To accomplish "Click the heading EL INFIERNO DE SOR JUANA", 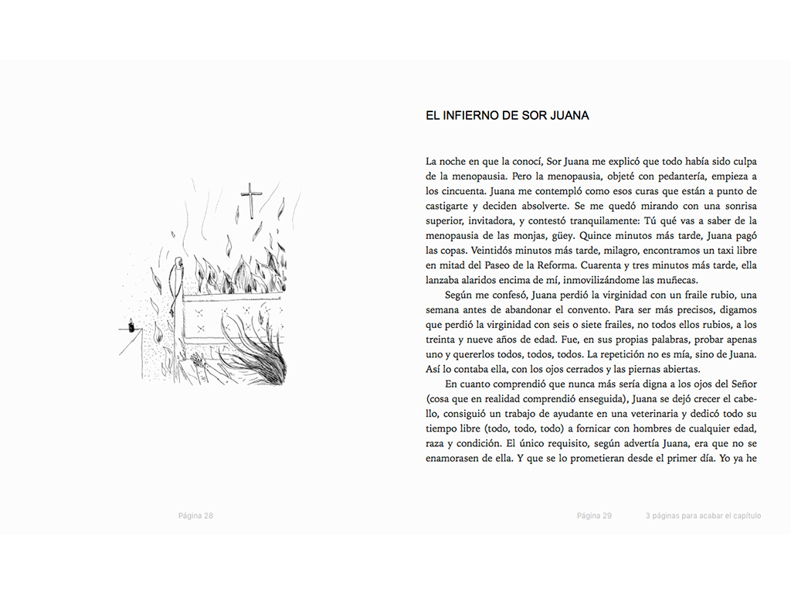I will (x=507, y=116).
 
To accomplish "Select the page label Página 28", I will (x=195, y=516).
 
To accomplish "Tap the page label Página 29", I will (x=594, y=516).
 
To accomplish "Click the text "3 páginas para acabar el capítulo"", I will (x=703, y=516).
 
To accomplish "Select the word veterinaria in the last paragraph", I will (x=650, y=415).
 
